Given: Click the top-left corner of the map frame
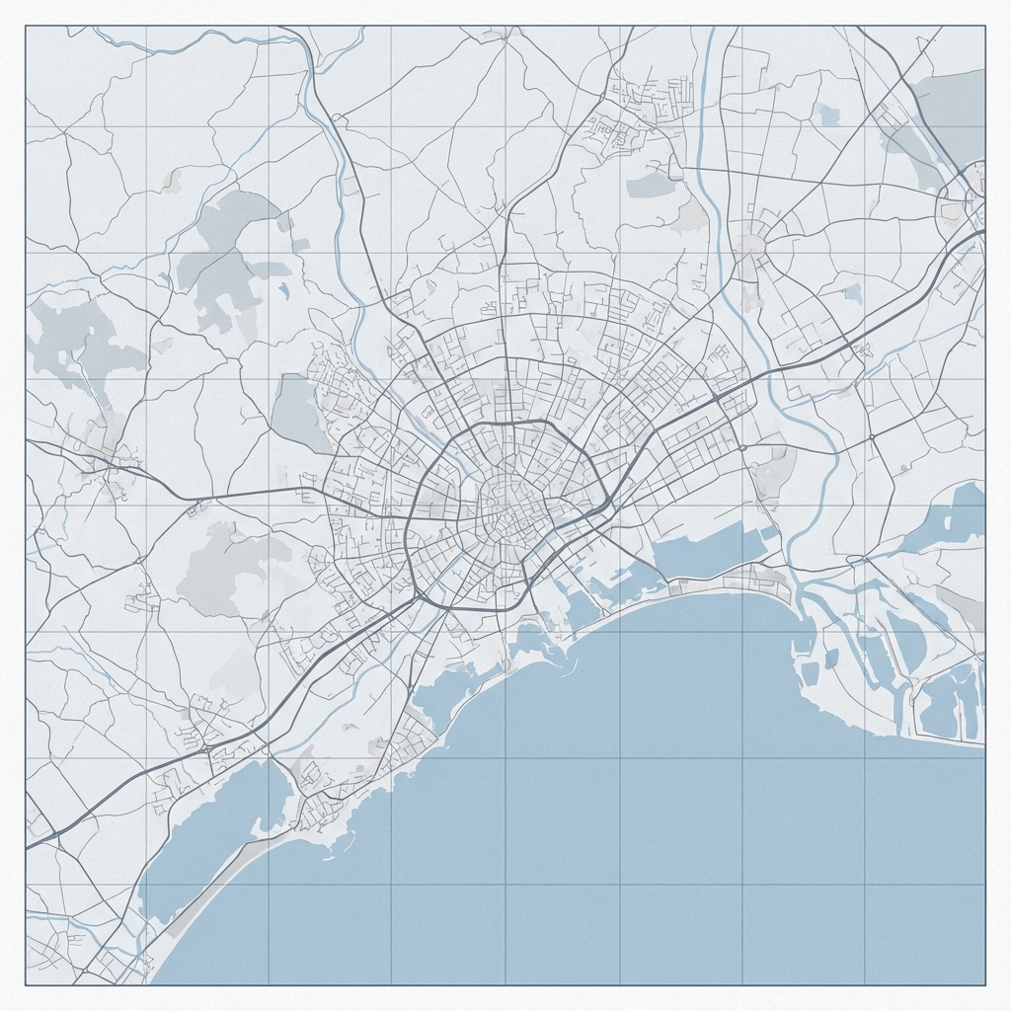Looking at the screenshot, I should (26, 26).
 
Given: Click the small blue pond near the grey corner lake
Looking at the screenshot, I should (827, 116).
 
